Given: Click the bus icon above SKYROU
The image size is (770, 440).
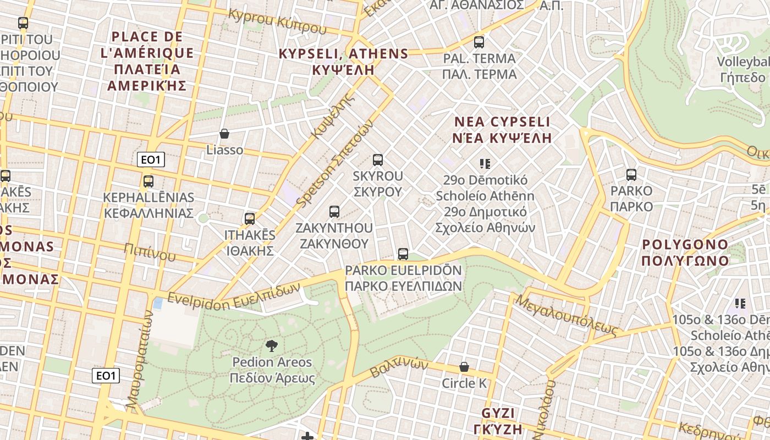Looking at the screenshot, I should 378,160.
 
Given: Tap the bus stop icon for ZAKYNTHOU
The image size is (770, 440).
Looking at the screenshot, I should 334,212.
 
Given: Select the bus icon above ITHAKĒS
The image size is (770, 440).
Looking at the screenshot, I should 250,219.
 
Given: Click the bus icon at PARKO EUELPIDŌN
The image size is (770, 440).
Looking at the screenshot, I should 403,254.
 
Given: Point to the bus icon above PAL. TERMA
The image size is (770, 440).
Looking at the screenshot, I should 479,42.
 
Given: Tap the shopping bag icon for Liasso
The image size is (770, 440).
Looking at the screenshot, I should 224,134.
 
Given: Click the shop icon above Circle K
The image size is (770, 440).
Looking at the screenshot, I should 464,367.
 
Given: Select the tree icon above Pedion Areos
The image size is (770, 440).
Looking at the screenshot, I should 271,346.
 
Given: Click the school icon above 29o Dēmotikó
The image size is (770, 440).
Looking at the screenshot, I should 485,163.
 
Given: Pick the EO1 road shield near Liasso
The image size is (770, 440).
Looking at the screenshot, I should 151,160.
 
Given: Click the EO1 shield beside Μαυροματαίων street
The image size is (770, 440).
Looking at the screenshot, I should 105,376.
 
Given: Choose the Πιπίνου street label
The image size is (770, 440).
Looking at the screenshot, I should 150,252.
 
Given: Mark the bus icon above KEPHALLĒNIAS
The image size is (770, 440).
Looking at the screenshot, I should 148,182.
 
